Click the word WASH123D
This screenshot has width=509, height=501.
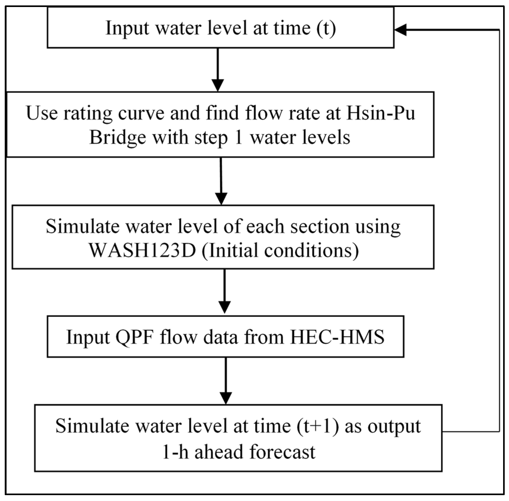(x=142, y=250)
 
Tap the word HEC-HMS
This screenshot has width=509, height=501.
(x=337, y=337)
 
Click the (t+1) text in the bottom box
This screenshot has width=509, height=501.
(x=318, y=426)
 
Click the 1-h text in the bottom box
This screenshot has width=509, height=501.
(x=175, y=452)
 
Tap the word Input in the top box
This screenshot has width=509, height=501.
(x=127, y=28)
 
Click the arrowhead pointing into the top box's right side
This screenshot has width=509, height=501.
(x=401, y=30)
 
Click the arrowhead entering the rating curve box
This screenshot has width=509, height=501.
(x=218, y=85)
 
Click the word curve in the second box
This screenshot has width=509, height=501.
(x=141, y=113)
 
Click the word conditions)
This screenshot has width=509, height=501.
(x=311, y=250)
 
